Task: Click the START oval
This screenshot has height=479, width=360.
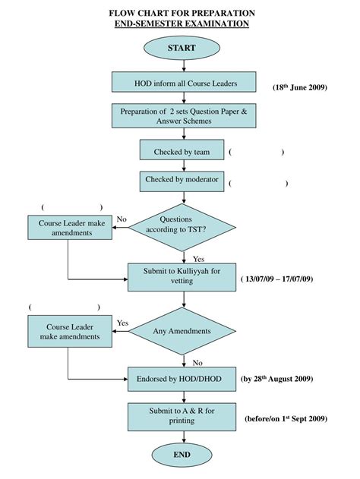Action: coord(182,48)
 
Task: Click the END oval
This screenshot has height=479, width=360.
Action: coord(182,455)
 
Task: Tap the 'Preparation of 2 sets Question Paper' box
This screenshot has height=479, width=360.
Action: coord(183,116)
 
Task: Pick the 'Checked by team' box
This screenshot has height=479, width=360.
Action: coord(182,151)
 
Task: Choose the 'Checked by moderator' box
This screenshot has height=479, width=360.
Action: coord(182,181)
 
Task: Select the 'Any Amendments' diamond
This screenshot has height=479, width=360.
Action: coord(182,330)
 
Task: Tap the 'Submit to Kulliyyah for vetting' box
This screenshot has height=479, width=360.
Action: coord(182,276)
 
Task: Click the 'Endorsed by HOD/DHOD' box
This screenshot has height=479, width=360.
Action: coord(182,377)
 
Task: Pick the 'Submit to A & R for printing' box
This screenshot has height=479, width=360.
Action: coord(182,415)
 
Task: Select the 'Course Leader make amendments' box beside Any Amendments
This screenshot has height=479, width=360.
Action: coord(70,331)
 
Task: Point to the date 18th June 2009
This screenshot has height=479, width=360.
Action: coord(298,87)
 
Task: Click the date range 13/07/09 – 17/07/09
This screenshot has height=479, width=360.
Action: coord(277,279)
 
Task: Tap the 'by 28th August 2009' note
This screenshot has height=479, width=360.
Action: coord(276,378)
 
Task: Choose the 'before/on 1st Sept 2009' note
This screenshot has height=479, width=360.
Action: coord(286,418)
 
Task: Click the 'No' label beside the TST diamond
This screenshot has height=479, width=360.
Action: coord(122,219)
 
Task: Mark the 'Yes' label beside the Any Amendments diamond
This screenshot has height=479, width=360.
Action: coord(122,323)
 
